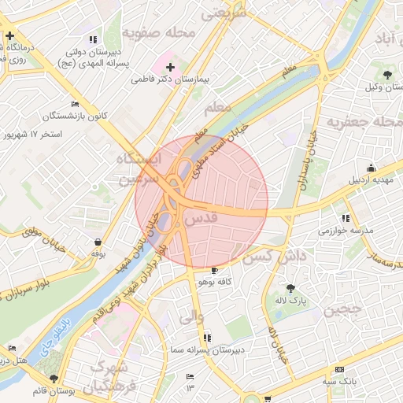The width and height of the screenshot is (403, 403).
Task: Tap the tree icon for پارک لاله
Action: click(292, 288)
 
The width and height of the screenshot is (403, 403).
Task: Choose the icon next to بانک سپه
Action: click(340, 369)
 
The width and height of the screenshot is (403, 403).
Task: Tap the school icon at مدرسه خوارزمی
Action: click(346, 218)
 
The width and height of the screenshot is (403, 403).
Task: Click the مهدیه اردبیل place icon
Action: click(372, 168)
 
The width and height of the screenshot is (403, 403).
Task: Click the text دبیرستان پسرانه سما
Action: click(209, 349)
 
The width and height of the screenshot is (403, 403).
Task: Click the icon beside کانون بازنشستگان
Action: click(75, 104)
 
